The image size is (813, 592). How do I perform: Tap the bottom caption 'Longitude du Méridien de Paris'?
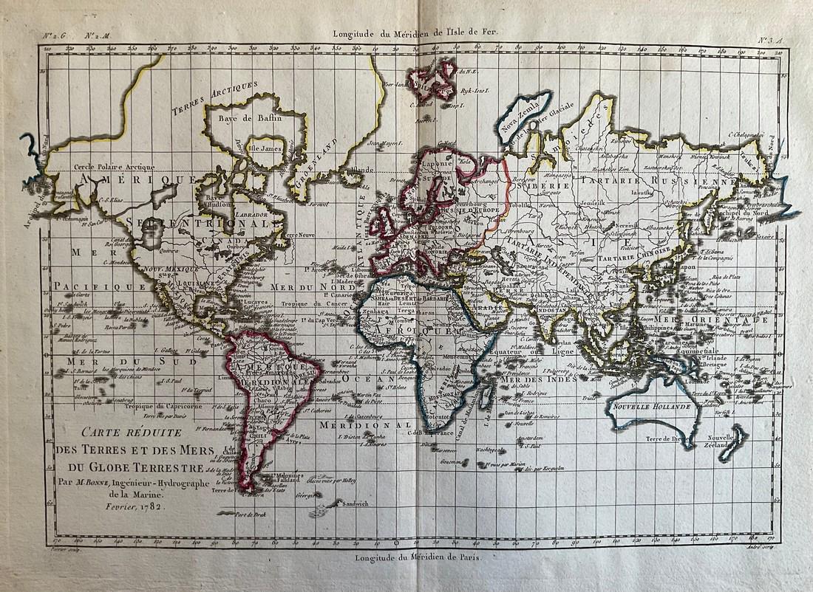417,557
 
